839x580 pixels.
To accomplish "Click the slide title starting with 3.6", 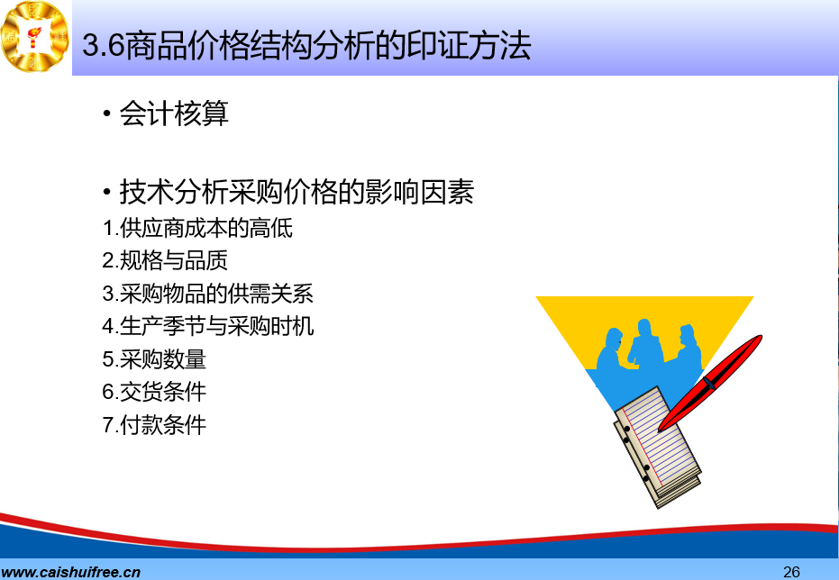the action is (x=306, y=45).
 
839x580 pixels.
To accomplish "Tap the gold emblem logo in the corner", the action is (x=35, y=37).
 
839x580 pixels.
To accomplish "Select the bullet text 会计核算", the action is (x=174, y=113).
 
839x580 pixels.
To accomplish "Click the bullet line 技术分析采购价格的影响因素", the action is (x=296, y=191).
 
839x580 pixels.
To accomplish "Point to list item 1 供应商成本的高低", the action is (x=197, y=228).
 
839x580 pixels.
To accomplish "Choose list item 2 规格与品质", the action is (x=165, y=261).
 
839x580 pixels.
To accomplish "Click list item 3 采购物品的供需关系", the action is (x=207, y=294).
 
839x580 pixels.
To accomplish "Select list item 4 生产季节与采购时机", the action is (x=207, y=326).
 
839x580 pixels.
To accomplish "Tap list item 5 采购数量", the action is (x=154, y=359).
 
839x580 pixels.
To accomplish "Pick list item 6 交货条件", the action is (x=154, y=392).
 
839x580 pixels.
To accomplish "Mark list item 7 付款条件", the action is (x=154, y=425).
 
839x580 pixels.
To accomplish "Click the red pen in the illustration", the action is (x=709, y=383).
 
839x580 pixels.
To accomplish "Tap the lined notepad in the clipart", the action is (x=658, y=447).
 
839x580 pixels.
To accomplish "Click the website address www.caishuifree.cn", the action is (x=70, y=572).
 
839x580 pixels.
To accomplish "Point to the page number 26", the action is (x=791, y=572).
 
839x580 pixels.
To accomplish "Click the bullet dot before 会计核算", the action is (x=107, y=113).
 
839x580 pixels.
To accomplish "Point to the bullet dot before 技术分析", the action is (x=107, y=191).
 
